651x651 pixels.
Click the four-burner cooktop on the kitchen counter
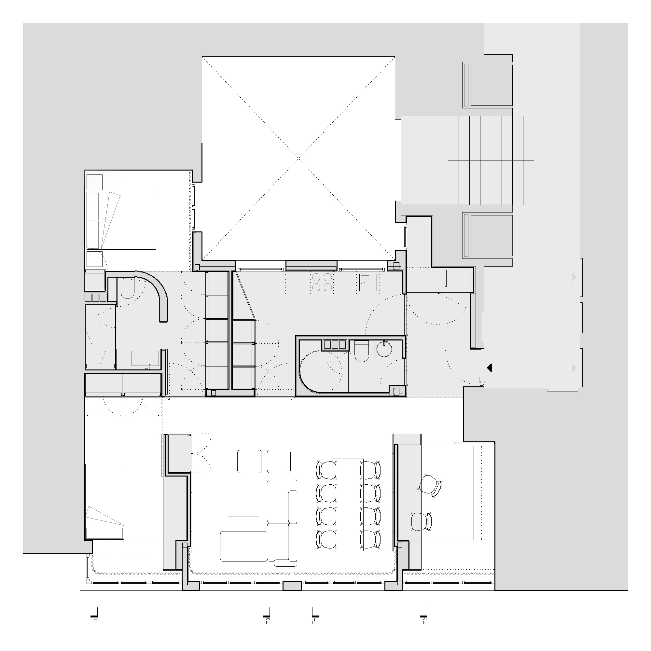[x=322, y=282]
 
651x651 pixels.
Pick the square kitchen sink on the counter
[x=369, y=282]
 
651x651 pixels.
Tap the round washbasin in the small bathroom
[x=383, y=349]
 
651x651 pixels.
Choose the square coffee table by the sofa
[x=243, y=501]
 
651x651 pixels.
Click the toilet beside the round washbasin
[x=362, y=351]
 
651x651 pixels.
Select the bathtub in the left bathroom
[x=145, y=358]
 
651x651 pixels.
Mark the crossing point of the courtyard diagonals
[x=298, y=159]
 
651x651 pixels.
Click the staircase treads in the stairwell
[x=491, y=160]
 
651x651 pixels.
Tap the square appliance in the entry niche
[x=458, y=280]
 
